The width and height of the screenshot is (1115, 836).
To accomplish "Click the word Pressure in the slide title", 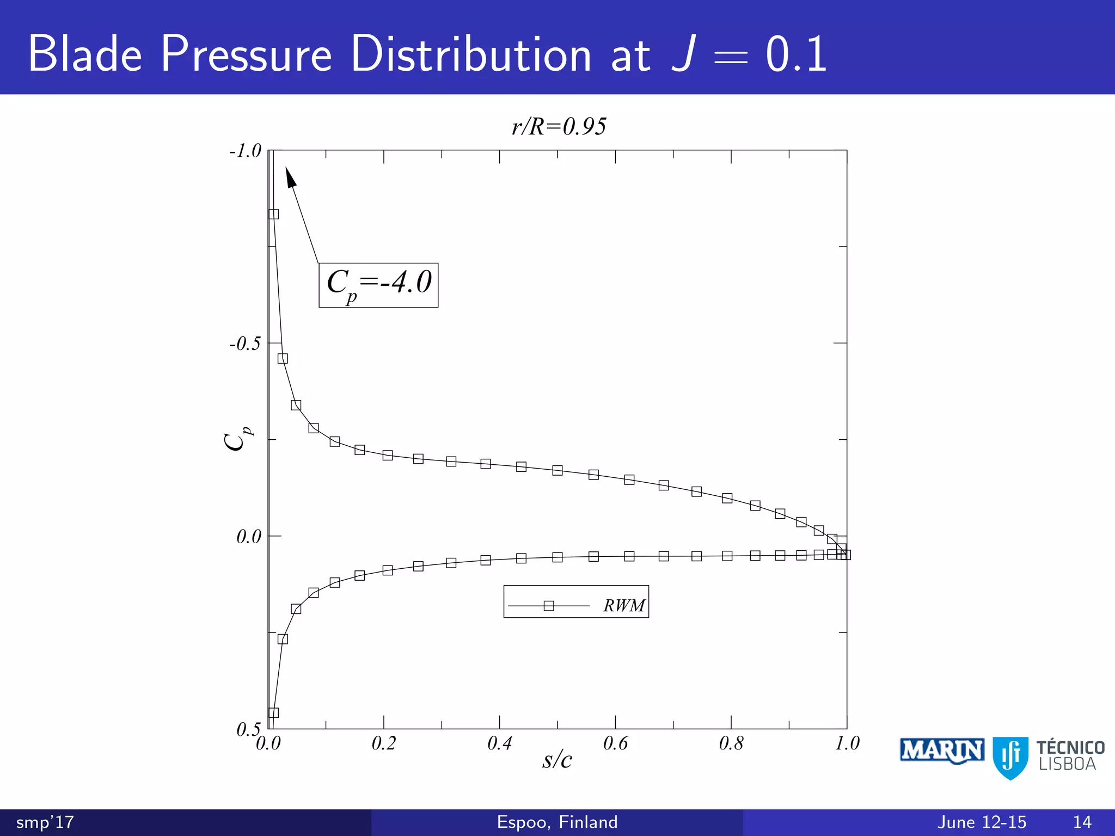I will pyautogui.click(x=246, y=54).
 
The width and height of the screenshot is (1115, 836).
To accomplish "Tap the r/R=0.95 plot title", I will pyautogui.click(x=559, y=127).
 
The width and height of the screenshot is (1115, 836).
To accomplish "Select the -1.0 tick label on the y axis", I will pyautogui.click(x=246, y=151).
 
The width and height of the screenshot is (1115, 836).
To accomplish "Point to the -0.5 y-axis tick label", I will pyautogui.click(x=245, y=344).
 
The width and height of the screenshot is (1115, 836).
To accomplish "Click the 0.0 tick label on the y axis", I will pyautogui.click(x=249, y=537).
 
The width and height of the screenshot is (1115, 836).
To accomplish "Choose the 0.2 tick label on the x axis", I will pyautogui.click(x=384, y=743).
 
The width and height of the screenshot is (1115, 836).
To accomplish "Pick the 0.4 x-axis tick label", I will pyautogui.click(x=500, y=743).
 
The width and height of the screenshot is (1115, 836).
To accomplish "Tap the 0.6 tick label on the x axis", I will pyautogui.click(x=615, y=743).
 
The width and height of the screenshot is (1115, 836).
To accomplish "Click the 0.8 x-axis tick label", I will pyautogui.click(x=731, y=743).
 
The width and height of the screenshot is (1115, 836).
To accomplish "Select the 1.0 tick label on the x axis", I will pyautogui.click(x=847, y=743).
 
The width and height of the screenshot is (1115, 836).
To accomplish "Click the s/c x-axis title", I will pyautogui.click(x=557, y=760).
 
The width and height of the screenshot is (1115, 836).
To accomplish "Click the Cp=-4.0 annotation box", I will pyautogui.click(x=378, y=285).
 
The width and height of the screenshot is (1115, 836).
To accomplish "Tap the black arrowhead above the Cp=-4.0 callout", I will pyautogui.click(x=291, y=178).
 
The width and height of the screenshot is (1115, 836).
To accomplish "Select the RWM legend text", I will pyautogui.click(x=624, y=606).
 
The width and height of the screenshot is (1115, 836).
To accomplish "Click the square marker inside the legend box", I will pyautogui.click(x=549, y=606).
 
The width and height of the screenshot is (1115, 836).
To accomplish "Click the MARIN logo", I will pyautogui.click(x=941, y=751).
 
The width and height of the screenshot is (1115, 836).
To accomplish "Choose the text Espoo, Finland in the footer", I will pyautogui.click(x=557, y=822).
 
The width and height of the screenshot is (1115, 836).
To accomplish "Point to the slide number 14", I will pyautogui.click(x=1082, y=822).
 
